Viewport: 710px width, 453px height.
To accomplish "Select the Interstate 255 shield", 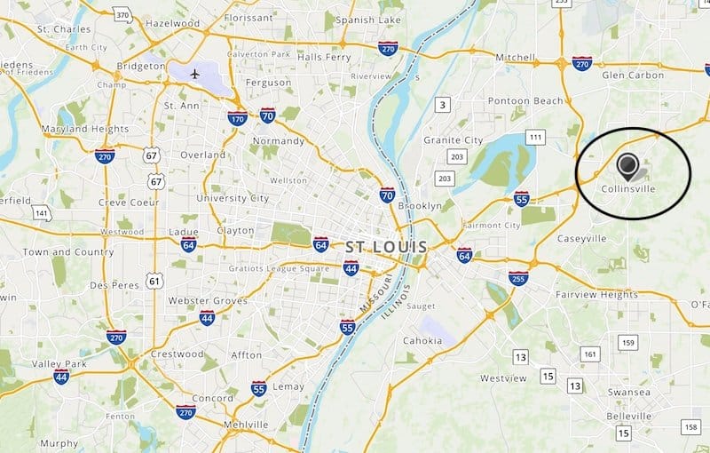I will tap(519, 279).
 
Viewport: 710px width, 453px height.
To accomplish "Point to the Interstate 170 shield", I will tap(236, 117).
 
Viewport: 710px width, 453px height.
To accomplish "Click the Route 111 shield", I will tap(535, 137).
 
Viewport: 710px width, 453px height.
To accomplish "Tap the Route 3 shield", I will tap(442, 106).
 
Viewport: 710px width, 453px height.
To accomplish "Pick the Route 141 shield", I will tap(41, 213).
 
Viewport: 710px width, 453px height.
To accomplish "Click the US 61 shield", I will tap(156, 282).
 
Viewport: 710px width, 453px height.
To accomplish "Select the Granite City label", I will tap(453, 140).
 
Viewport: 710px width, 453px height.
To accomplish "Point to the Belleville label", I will tap(629, 414).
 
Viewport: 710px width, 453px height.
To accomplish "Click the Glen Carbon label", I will tap(633, 75).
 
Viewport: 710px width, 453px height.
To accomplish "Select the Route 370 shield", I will tap(122, 16).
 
